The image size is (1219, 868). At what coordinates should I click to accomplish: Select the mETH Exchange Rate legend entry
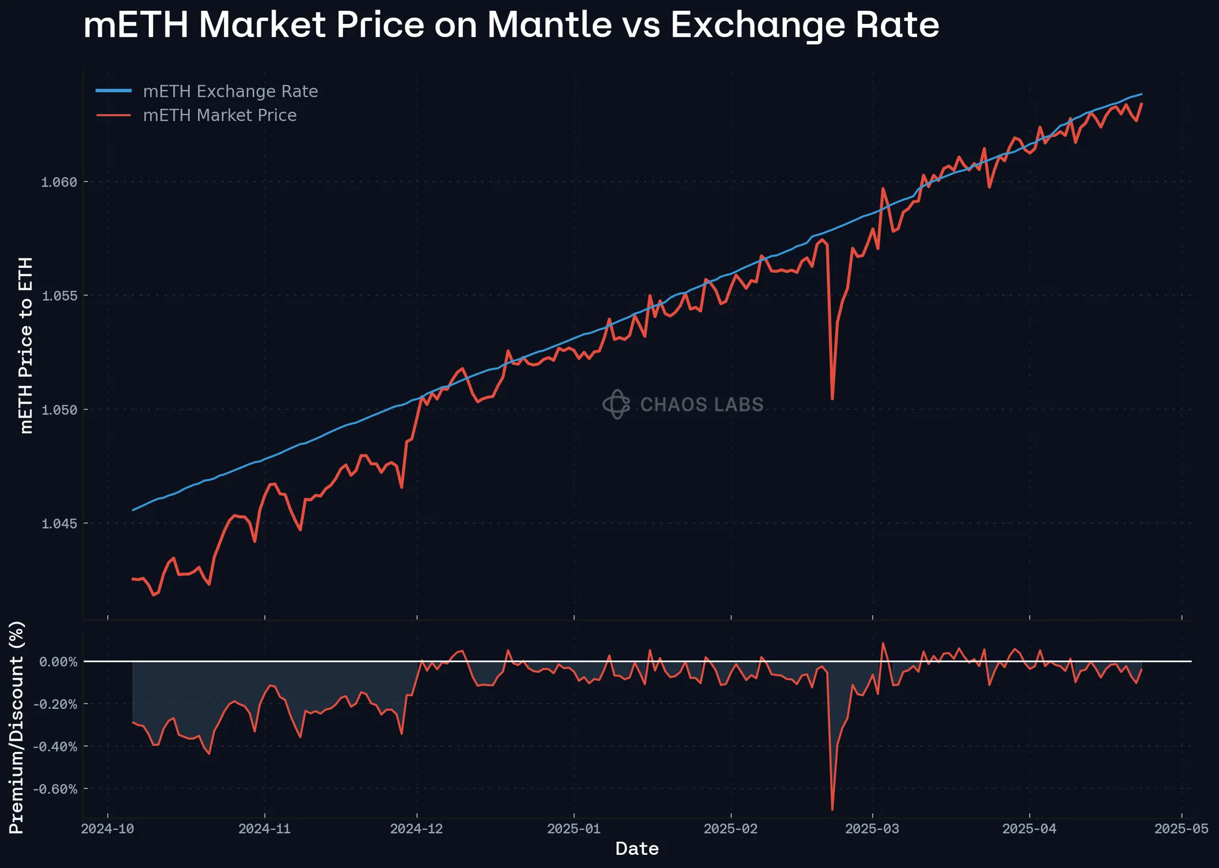pyautogui.click(x=230, y=92)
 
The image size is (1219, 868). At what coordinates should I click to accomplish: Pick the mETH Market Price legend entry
pyautogui.click(x=220, y=115)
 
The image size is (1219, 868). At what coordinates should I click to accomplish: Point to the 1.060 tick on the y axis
pyautogui.click(x=59, y=182)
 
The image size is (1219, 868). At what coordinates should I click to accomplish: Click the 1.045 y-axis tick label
pyautogui.click(x=59, y=524)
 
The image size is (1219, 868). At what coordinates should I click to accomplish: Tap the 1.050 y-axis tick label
pyautogui.click(x=59, y=410)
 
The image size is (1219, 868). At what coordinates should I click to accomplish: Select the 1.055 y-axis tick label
pyautogui.click(x=59, y=296)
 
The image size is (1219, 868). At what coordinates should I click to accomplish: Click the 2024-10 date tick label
pyautogui.click(x=108, y=829)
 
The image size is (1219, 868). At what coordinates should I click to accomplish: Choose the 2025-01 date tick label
pyautogui.click(x=574, y=829)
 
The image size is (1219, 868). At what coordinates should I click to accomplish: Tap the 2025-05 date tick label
pyautogui.click(x=1182, y=829)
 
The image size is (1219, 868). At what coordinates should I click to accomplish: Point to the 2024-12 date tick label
pyautogui.click(x=417, y=829)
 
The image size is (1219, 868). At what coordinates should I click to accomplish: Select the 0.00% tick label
pyautogui.click(x=58, y=662)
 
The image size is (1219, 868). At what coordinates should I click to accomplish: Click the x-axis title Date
pyautogui.click(x=637, y=849)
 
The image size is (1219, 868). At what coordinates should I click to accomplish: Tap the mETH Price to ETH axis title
pyautogui.click(x=26, y=345)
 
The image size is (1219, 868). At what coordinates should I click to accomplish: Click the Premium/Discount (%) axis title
pyautogui.click(x=17, y=727)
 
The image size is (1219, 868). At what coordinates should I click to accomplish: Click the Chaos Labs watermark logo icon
pyautogui.click(x=616, y=404)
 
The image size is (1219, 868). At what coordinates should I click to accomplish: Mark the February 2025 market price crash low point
pyautogui.click(x=832, y=399)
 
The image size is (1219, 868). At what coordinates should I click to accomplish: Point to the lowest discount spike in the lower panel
pyautogui.click(x=832, y=810)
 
